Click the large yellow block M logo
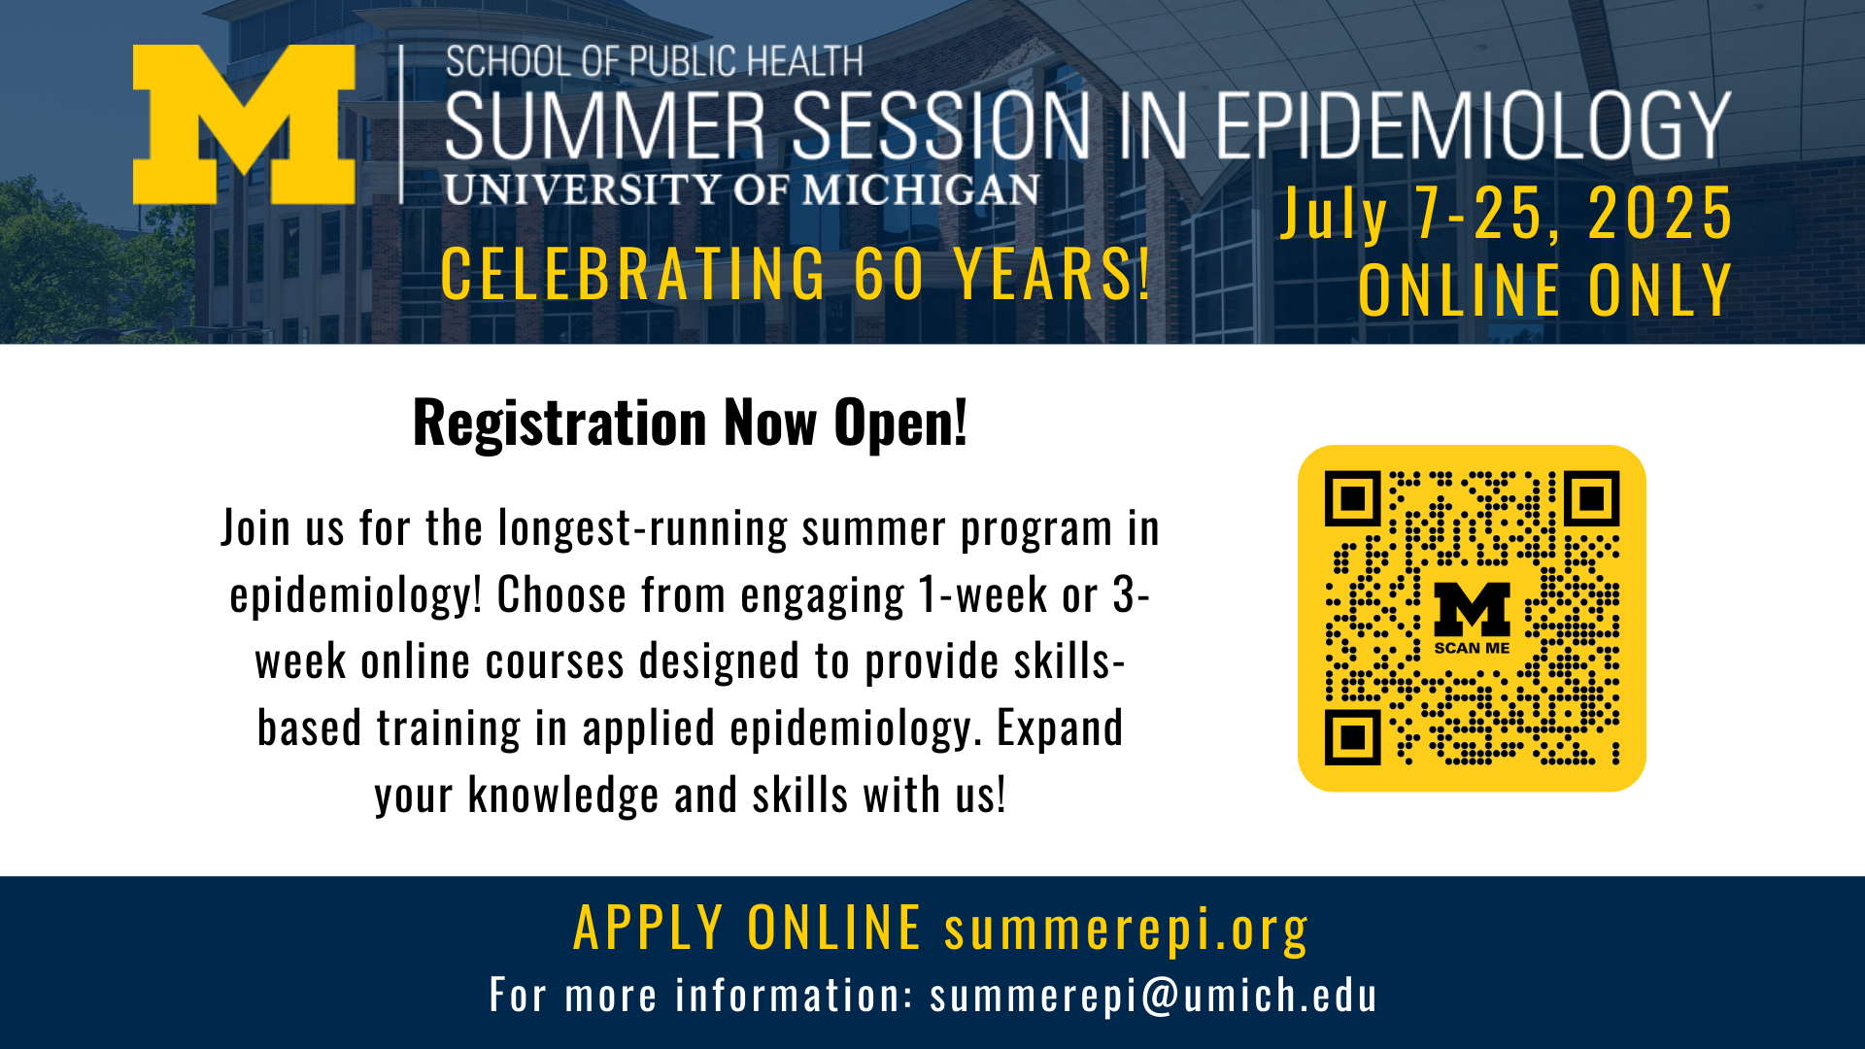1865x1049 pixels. [x=244, y=124]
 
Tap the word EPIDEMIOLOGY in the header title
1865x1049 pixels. [x=1473, y=126]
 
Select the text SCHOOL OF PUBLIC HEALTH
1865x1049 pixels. [x=654, y=62]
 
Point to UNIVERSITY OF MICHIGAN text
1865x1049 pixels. [x=742, y=189]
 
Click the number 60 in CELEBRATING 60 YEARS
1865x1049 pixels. [x=889, y=275]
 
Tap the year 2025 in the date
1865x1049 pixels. [x=1660, y=214]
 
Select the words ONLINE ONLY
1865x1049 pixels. [x=1544, y=290]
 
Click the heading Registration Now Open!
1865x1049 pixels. [x=690, y=423]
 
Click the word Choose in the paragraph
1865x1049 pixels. [x=561, y=595]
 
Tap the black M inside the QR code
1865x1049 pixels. [x=1472, y=609]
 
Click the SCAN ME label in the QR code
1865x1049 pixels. [x=1472, y=648]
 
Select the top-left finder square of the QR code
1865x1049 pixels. [x=1352, y=499]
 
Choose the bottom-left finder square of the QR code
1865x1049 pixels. [x=1352, y=737]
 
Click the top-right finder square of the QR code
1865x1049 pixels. [x=1591, y=499]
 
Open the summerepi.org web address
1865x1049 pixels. [x=1126, y=929]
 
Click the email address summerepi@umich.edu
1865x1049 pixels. [x=1153, y=996]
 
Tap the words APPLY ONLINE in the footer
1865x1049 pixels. [x=746, y=928]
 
